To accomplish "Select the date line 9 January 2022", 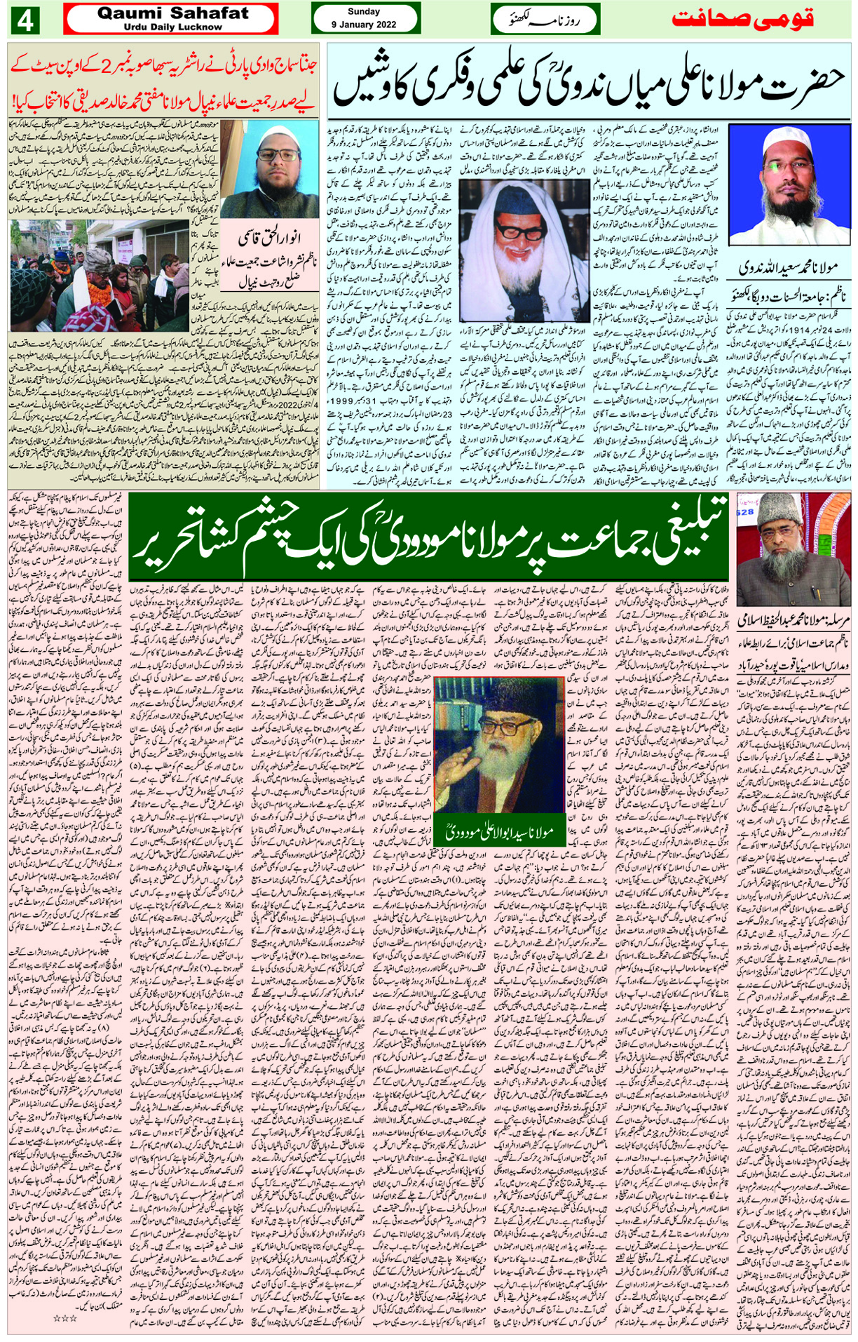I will pyautogui.click(x=364, y=25).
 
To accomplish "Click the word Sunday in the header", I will pyautogui.click(x=364, y=11).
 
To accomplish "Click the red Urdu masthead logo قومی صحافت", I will pyautogui.click(x=743, y=18).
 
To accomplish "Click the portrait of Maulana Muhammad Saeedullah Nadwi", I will pyautogui.click(x=788, y=184).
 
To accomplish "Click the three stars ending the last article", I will pyautogui.click(x=64, y=1318).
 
